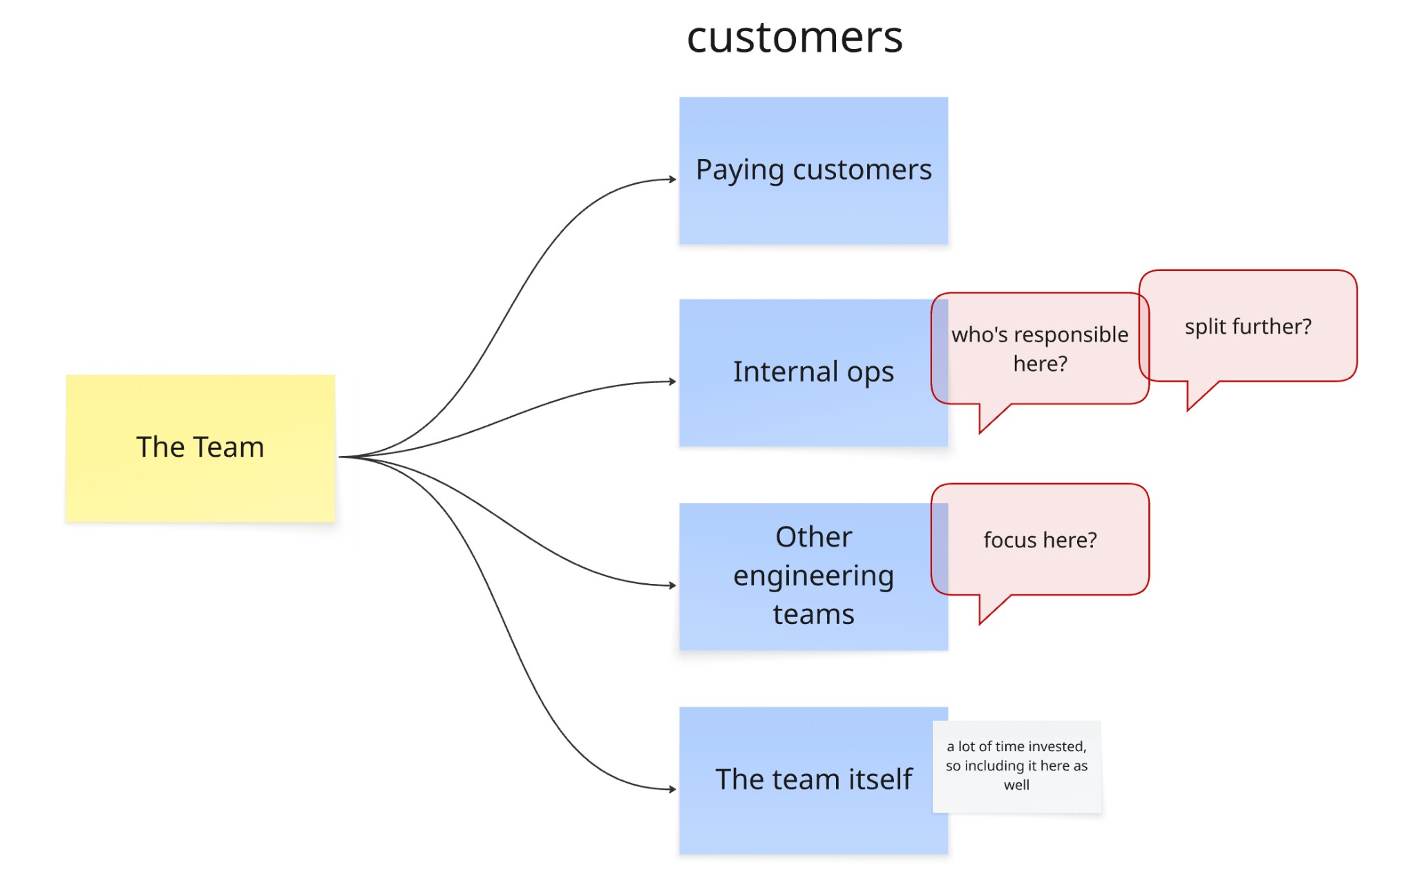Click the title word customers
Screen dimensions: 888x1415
(795, 37)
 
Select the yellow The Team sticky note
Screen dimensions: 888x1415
(200, 484)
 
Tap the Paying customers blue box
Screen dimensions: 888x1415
(813, 207)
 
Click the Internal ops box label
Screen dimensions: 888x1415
(813, 372)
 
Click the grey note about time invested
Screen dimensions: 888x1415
(1016, 766)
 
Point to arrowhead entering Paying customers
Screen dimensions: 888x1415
(672, 180)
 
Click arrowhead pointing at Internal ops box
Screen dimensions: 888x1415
(672, 381)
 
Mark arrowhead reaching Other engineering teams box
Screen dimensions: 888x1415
(672, 585)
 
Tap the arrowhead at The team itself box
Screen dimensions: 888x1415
(672, 788)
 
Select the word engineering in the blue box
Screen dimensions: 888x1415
(813, 576)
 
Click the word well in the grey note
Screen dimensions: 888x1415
(1016, 785)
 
